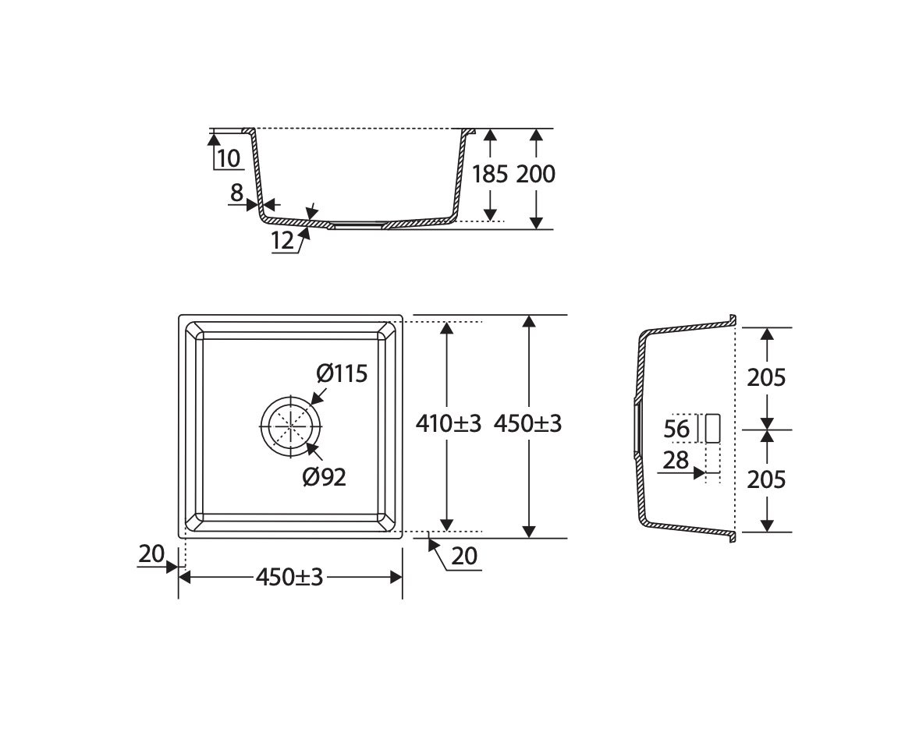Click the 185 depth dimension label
pyautogui.click(x=489, y=174)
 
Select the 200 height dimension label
pyautogui.click(x=536, y=174)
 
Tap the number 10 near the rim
pyautogui.click(x=229, y=158)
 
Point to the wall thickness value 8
pyautogui.click(x=236, y=193)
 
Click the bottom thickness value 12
pyautogui.click(x=282, y=240)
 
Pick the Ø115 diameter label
pyautogui.click(x=342, y=374)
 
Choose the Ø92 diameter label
pyautogui.click(x=325, y=477)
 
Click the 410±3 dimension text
pyautogui.click(x=449, y=424)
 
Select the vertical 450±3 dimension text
pyautogui.click(x=527, y=424)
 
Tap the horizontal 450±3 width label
pyautogui.click(x=289, y=577)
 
